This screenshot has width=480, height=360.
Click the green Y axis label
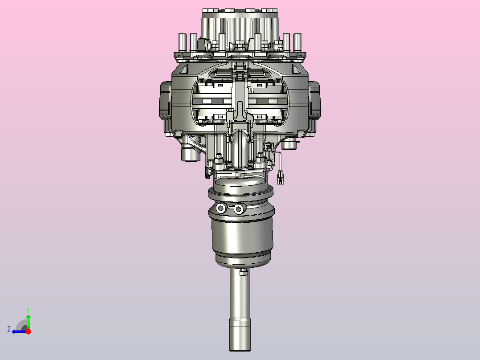click(x=28, y=310)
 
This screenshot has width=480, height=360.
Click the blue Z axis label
click(x=9, y=329)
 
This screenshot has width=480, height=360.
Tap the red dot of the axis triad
click(x=28, y=331)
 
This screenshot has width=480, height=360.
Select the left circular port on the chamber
click(x=221, y=209)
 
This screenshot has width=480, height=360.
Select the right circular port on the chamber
click(x=239, y=209)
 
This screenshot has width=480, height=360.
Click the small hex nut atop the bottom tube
click(x=244, y=272)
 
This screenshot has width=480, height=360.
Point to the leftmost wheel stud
click(x=182, y=43)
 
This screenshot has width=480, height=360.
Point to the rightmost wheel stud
click(x=297, y=43)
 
